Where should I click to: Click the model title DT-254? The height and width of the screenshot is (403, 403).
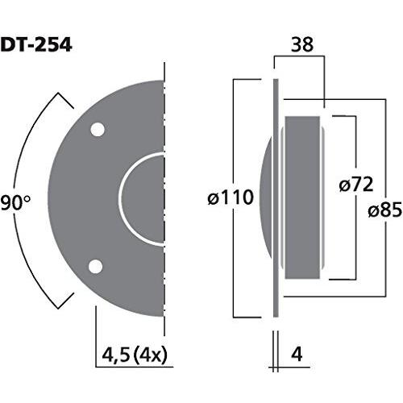[x=37, y=44]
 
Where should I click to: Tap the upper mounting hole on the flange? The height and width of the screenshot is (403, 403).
[x=97, y=129]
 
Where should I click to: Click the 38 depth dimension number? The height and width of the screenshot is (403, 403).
[x=299, y=47]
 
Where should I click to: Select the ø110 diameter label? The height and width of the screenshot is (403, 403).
[x=231, y=197]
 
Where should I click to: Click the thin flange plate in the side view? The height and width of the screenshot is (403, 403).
[x=276, y=242]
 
